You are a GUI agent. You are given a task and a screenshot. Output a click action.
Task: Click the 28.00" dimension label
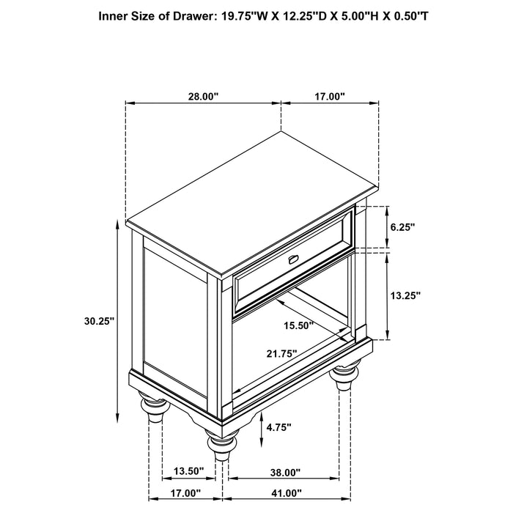click(202, 96)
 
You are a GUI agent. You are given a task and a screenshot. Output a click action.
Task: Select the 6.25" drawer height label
click(403, 228)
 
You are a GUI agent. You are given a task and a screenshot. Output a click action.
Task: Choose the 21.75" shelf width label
click(281, 353)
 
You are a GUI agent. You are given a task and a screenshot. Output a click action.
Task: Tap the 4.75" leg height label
click(281, 427)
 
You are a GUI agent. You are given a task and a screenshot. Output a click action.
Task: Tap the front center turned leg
click(217, 446)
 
